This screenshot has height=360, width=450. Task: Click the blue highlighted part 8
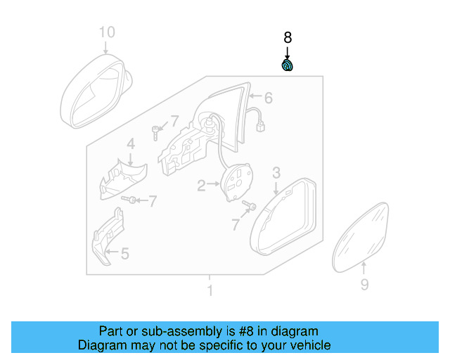pyautogui.click(x=288, y=66)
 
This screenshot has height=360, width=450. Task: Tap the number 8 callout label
pyautogui.click(x=287, y=38)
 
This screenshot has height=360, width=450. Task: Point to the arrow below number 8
pyautogui.click(x=287, y=53)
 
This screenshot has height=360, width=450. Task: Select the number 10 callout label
pyautogui.click(x=105, y=32)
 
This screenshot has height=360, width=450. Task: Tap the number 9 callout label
pyautogui.click(x=364, y=284)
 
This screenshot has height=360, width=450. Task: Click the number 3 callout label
pyautogui.click(x=276, y=172)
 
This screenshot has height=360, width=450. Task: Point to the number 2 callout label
pyautogui.click(x=201, y=186)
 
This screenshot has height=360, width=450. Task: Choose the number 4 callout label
pyautogui.click(x=130, y=144)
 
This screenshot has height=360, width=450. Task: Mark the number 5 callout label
pyautogui.click(x=124, y=253)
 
